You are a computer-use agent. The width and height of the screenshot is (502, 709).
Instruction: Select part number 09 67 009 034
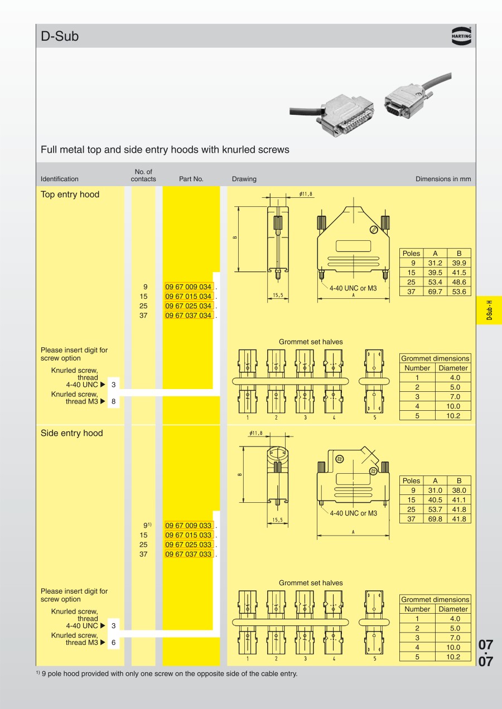point(189,287)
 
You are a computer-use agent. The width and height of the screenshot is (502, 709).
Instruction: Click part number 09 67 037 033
point(189,555)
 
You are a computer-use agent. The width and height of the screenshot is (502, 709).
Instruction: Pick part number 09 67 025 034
point(189,306)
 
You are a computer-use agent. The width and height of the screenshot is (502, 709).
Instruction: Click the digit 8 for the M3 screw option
point(114,401)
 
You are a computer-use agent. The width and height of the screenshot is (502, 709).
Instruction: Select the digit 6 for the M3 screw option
point(114,643)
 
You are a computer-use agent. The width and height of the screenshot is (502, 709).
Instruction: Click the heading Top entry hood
point(70,195)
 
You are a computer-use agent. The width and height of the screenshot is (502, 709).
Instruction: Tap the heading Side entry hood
point(72,433)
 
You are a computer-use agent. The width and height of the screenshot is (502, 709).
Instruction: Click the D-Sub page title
point(60,37)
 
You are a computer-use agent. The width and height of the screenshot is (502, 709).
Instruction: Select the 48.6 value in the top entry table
point(459,282)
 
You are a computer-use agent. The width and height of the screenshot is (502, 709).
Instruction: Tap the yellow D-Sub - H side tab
point(489,309)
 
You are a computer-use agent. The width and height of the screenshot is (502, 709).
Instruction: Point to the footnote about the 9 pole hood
point(167,673)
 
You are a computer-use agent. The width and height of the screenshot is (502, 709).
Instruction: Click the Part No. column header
point(191,179)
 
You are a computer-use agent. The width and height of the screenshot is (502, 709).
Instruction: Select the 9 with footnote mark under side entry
point(147,526)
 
